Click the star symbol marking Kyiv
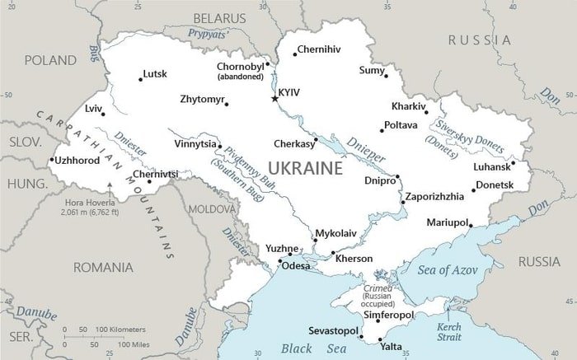[x=275, y=99]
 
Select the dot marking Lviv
[x=103, y=114]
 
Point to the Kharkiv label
[x=409, y=107]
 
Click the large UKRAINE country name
[x=305, y=169]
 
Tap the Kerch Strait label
[x=448, y=332]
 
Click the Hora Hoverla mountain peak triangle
[x=109, y=184]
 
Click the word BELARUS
[x=219, y=17]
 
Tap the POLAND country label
[x=50, y=60]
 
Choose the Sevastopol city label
[x=333, y=330]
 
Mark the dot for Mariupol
[x=471, y=222]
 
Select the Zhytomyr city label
[x=202, y=100]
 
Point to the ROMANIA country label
[x=103, y=267]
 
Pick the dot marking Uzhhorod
[x=52, y=160]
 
